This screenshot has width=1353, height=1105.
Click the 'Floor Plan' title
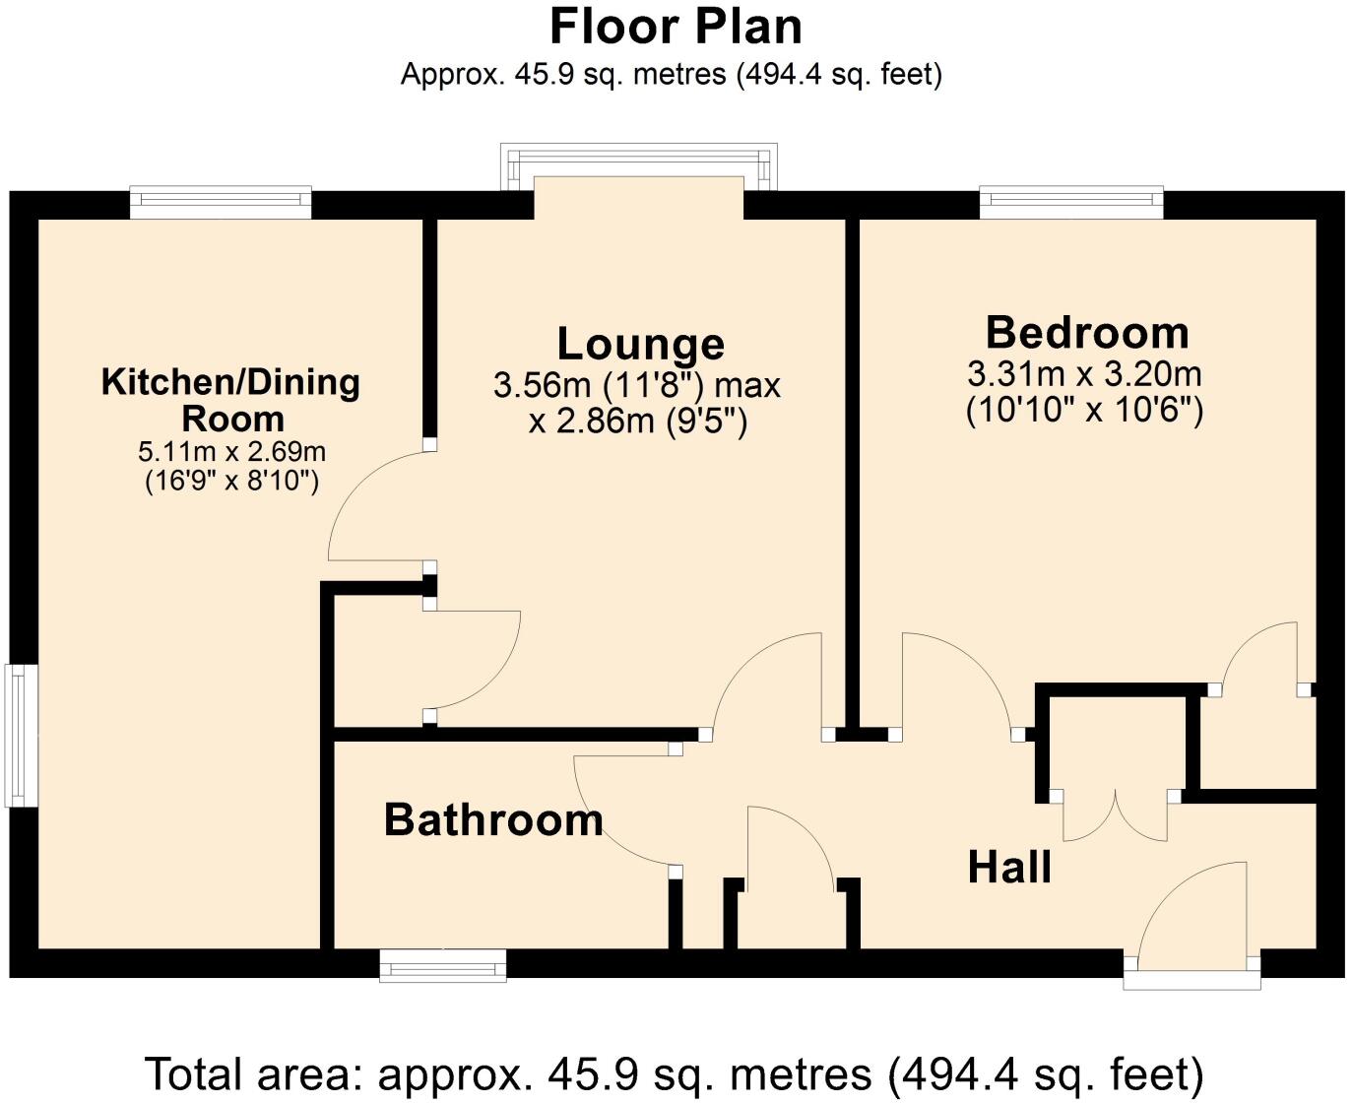tap(676, 27)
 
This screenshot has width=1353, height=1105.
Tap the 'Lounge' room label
tap(641, 344)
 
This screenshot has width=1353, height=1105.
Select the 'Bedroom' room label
tap(1087, 333)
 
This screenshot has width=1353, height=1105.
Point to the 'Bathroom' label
tap(493, 819)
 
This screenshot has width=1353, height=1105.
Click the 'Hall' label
tap(1009, 868)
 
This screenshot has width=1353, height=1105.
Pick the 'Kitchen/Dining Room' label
tap(231, 400)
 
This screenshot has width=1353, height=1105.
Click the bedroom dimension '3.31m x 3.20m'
tap(1084, 374)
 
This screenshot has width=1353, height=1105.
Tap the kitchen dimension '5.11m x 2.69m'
tap(231, 452)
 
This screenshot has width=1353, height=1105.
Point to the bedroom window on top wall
tap(1071, 204)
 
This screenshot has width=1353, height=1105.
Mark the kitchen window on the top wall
tap(221, 204)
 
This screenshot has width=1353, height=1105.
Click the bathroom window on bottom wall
tap(443, 965)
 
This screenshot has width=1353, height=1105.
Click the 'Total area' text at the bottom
tap(676, 1073)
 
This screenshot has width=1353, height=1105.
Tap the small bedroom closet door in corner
tap(1260, 655)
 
